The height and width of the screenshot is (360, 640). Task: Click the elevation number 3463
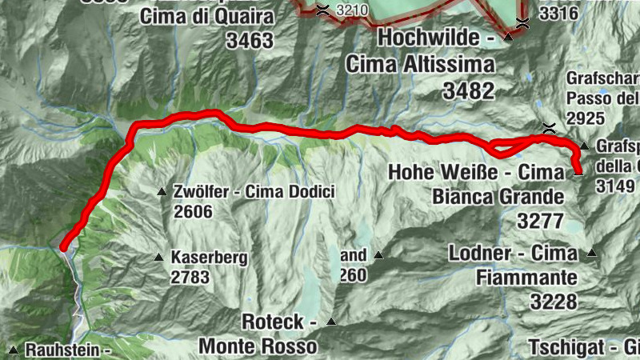(250, 41)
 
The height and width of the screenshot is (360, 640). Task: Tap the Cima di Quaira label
(207, 16)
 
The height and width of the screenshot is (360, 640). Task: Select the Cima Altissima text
(420, 64)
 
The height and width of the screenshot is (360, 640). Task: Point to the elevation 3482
(469, 91)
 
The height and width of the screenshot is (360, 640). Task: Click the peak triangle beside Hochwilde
(507, 37)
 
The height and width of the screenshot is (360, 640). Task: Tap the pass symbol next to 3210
(322, 10)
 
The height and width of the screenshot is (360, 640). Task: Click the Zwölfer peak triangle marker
(162, 192)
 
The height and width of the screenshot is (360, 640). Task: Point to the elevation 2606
(192, 211)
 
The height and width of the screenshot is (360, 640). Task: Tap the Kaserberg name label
(210, 258)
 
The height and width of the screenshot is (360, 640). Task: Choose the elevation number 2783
(190, 278)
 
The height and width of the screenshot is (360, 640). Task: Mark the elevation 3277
(541, 219)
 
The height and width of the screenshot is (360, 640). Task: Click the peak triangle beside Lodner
(592, 254)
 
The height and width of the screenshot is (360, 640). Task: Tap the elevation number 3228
(553, 301)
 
